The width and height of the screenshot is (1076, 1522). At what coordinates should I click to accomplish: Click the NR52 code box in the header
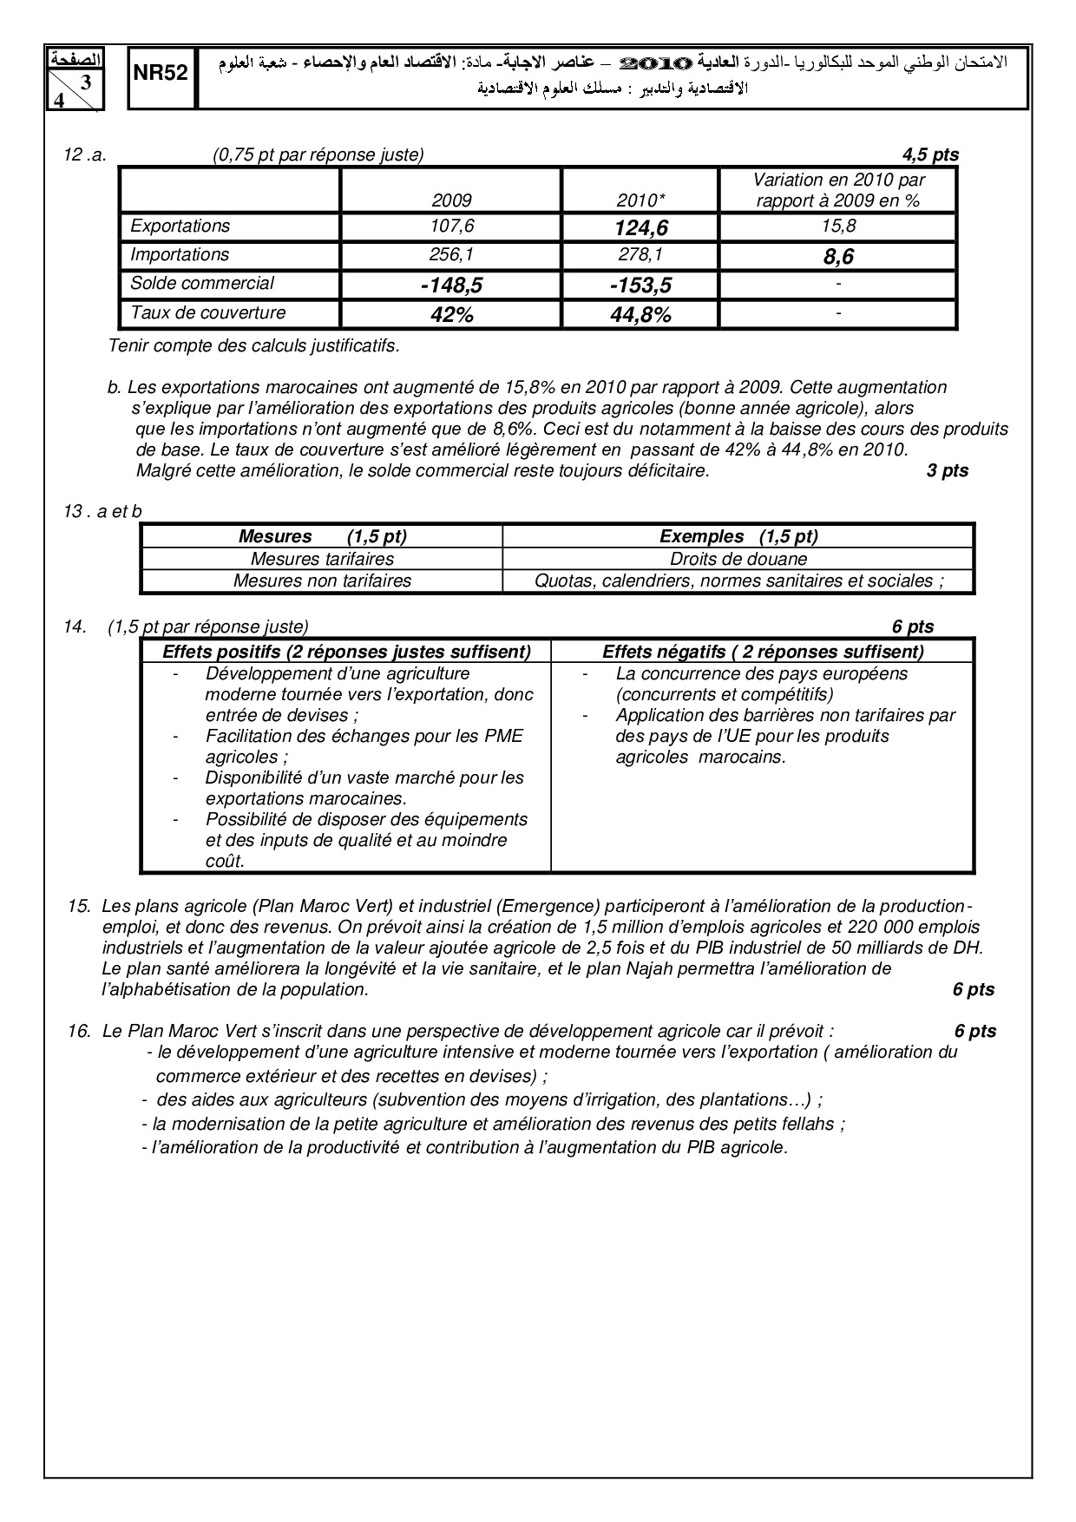pyautogui.click(x=161, y=75)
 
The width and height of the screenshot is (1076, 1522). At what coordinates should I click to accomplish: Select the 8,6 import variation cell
pyautogui.click(x=838, y=257)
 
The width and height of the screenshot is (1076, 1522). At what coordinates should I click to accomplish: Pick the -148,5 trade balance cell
pyautogui.click(x=450, y=285)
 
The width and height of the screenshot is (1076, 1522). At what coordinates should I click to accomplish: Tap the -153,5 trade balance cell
pyautogui.click(x=640, y=285)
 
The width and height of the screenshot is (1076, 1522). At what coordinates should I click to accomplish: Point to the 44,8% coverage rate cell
pyautogui.click(x=640, y=315)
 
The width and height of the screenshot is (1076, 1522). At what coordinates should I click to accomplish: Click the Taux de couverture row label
pyautogui.click(x=207, y=312)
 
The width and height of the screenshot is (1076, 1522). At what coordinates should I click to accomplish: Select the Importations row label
pyautogui.click(x=180, y=254)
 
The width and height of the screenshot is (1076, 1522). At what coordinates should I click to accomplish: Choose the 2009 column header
pyautogui.click(x=451, y=200)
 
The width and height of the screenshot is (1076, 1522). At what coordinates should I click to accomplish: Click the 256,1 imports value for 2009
pyautogui.click(x=451, y=254)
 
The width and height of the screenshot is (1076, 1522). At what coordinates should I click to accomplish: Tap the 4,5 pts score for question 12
pyautogui.click(x=930, y=155)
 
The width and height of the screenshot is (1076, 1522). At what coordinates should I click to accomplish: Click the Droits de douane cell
pyautogui.click(x=738, y=560)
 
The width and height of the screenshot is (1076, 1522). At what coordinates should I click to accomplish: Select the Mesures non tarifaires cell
pyautogui.click(x=322, y=581)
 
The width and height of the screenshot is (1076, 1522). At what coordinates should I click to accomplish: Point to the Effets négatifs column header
pyautogui.click(x=763, y=652)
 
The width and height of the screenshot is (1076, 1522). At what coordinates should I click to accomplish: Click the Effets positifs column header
pyautogui.click(x=346, y=652)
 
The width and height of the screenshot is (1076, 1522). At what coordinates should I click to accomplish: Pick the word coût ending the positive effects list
pyautogui.click(x=225, y=862)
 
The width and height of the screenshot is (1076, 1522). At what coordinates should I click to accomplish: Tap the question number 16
pyautogui.click(x=79, y=1032)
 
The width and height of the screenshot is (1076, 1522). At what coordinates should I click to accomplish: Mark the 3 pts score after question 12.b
pyautogui.click(x=948, y=471)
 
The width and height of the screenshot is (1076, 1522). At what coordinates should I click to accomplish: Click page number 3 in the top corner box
pyautogui.click(x=85, y=83)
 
